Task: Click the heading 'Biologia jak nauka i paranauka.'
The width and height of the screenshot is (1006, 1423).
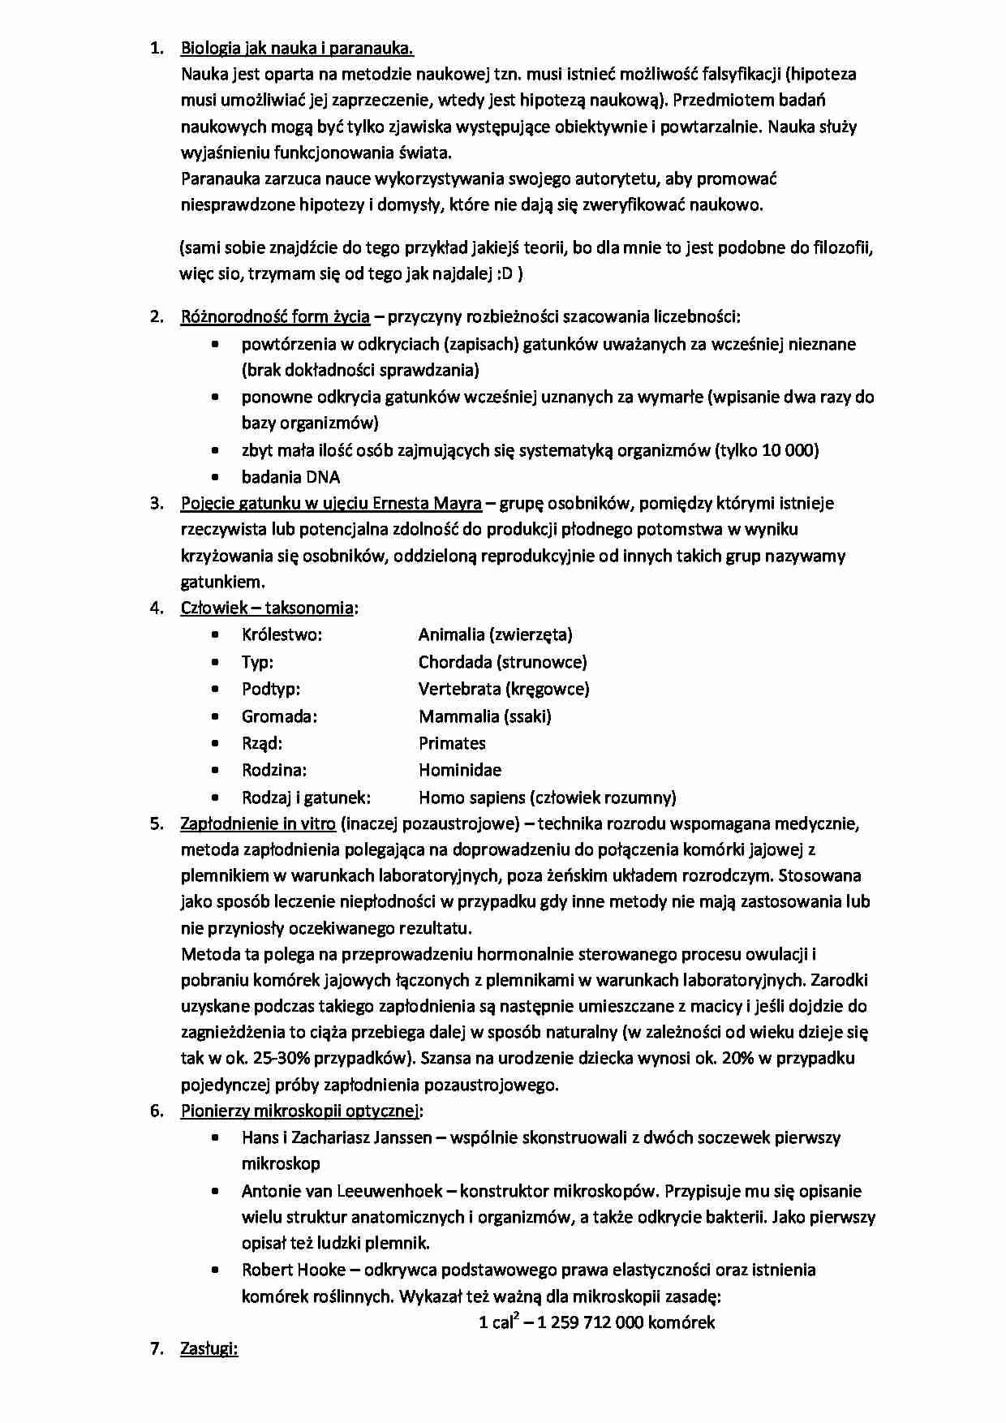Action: pos(297,49)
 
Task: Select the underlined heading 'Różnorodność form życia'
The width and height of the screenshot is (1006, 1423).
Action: pos(275,316)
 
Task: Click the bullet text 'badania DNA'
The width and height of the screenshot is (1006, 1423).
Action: pos(290,477)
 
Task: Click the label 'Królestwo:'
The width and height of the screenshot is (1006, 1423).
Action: pos(282,634)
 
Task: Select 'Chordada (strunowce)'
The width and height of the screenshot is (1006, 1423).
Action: pos(502,662)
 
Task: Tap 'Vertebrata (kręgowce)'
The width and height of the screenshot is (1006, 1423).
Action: pos(504,689)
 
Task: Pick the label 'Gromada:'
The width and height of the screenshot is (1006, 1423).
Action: pos(279,716)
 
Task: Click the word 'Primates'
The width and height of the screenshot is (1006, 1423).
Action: pos(452,743)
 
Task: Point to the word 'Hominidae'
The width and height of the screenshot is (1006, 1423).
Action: pos(460,770)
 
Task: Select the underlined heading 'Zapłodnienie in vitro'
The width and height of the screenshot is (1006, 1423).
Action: pos(258,823)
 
